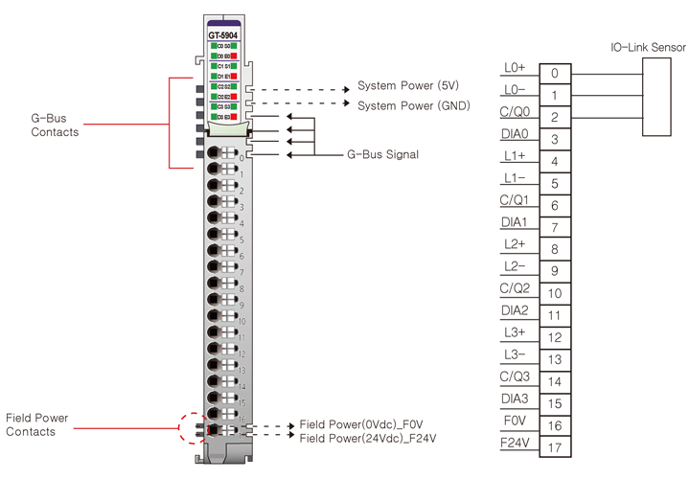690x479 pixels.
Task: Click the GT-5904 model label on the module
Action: click(223, 35)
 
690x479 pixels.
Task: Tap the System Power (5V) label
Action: click(408, 85)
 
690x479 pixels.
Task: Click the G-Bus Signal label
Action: click(383, 153)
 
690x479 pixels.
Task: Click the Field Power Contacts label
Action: click(43, 424)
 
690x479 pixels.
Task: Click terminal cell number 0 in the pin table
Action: click(555, 73)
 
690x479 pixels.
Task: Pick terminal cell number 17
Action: click(555, 447)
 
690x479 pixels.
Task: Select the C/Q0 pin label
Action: click(514, 112)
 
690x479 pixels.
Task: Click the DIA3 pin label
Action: click(515, 398)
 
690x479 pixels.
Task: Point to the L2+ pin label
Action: click(514, 244)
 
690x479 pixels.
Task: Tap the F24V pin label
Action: click(515, 443)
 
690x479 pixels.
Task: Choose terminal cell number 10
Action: click(555, 293)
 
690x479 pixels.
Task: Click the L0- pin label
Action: click(514, 89)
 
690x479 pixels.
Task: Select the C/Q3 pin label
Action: click(515, 376)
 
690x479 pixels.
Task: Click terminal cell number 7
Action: click(555, 227)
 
